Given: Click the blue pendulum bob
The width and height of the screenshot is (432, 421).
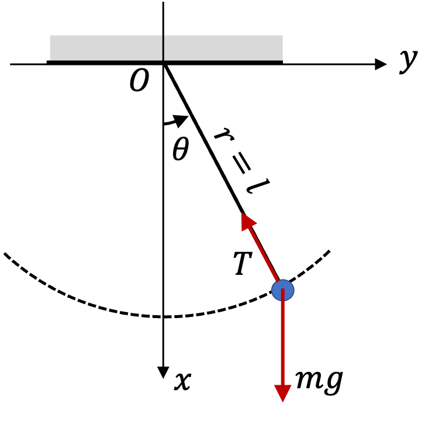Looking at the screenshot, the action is pos(283,290).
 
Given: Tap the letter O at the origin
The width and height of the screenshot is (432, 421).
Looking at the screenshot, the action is pos(139,80).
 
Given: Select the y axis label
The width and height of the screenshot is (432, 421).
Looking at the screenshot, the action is pos(409,62).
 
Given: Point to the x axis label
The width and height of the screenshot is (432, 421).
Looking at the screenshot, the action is pos(182,381).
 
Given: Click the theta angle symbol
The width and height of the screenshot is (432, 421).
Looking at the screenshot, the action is pos(181,149).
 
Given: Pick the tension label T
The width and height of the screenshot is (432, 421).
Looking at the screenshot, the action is pos(243,263).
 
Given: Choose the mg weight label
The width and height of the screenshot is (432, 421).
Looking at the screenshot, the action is pos(319,381).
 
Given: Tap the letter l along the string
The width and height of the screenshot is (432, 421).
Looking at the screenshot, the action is pos(258,186).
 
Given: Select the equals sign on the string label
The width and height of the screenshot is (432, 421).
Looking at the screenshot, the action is pos(241,165).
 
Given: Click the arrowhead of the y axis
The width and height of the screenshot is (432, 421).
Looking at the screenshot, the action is pos(381,64).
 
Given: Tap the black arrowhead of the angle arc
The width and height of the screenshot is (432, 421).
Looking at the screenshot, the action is pos(181,121).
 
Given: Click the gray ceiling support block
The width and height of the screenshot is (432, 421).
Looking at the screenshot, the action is pos(167,48).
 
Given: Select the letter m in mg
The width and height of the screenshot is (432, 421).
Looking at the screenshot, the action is pos(310,379).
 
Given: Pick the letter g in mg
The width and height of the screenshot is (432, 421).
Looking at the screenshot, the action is pos(334,383).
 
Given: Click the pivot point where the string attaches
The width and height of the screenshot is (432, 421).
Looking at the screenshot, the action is pos(164,64).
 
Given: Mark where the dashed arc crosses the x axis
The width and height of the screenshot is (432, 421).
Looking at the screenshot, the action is pos(163,316).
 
